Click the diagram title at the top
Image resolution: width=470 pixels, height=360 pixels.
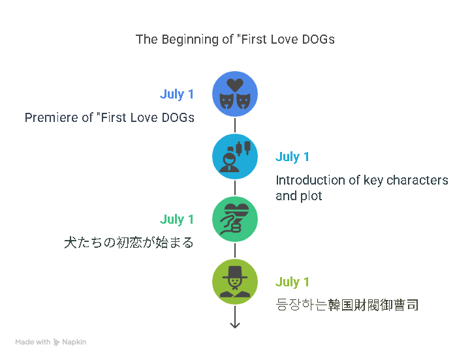coord(235,40)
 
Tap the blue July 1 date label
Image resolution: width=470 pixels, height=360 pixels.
coord(176,94)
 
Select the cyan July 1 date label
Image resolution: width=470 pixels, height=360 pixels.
coord(292,157)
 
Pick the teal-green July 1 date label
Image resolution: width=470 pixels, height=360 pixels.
coord(176,219)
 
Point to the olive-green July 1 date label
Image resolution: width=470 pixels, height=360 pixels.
coord(292,282)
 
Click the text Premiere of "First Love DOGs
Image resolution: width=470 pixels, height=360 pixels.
coord(110,117)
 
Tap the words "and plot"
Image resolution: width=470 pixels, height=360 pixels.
coord(299,196)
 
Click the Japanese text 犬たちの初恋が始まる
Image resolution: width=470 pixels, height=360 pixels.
coord(129,243)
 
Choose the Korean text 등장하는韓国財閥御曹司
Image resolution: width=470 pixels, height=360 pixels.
coord(347,305)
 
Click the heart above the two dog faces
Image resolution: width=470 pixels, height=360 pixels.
coord(235,85)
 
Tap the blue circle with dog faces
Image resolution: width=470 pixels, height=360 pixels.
coord(235,94)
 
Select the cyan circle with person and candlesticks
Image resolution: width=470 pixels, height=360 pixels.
coord(235,157)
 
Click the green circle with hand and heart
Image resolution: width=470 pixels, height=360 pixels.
coord(235,219)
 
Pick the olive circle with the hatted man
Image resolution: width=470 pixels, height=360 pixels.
coord(235,282)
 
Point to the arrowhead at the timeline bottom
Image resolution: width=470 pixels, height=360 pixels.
coord(235,326)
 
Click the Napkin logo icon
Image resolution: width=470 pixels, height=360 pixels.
coord(56,342)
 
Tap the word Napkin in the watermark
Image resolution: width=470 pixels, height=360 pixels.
coord(74,342)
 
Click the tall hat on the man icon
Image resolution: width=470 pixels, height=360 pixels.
coord(235,272)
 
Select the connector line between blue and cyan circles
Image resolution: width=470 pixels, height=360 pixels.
coord(235,125)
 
